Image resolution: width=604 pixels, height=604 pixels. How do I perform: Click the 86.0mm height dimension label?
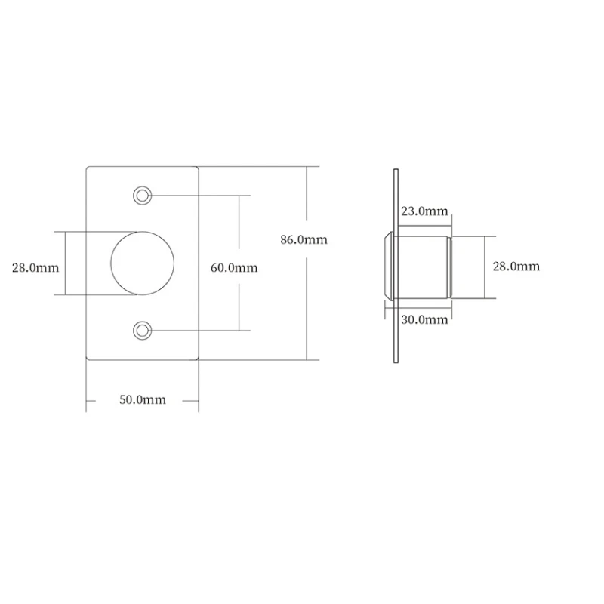pos(304,239)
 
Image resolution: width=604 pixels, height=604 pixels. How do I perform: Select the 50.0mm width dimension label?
pos(143,400)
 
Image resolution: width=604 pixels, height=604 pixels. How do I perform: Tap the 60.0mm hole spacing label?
pos(234,267)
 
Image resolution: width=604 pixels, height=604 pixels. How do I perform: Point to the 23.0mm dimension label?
pos(424,211)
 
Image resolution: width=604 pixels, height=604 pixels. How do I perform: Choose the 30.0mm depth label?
pos(424,319)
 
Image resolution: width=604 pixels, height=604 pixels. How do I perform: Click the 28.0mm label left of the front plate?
pos(35,267)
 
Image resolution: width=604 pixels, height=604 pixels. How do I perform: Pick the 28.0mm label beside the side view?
pos(516,267)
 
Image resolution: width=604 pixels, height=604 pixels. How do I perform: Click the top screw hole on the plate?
pos(142,196)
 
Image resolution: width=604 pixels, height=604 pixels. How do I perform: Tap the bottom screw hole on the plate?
pos(142,331)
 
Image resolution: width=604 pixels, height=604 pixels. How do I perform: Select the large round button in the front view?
pos(142,263)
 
